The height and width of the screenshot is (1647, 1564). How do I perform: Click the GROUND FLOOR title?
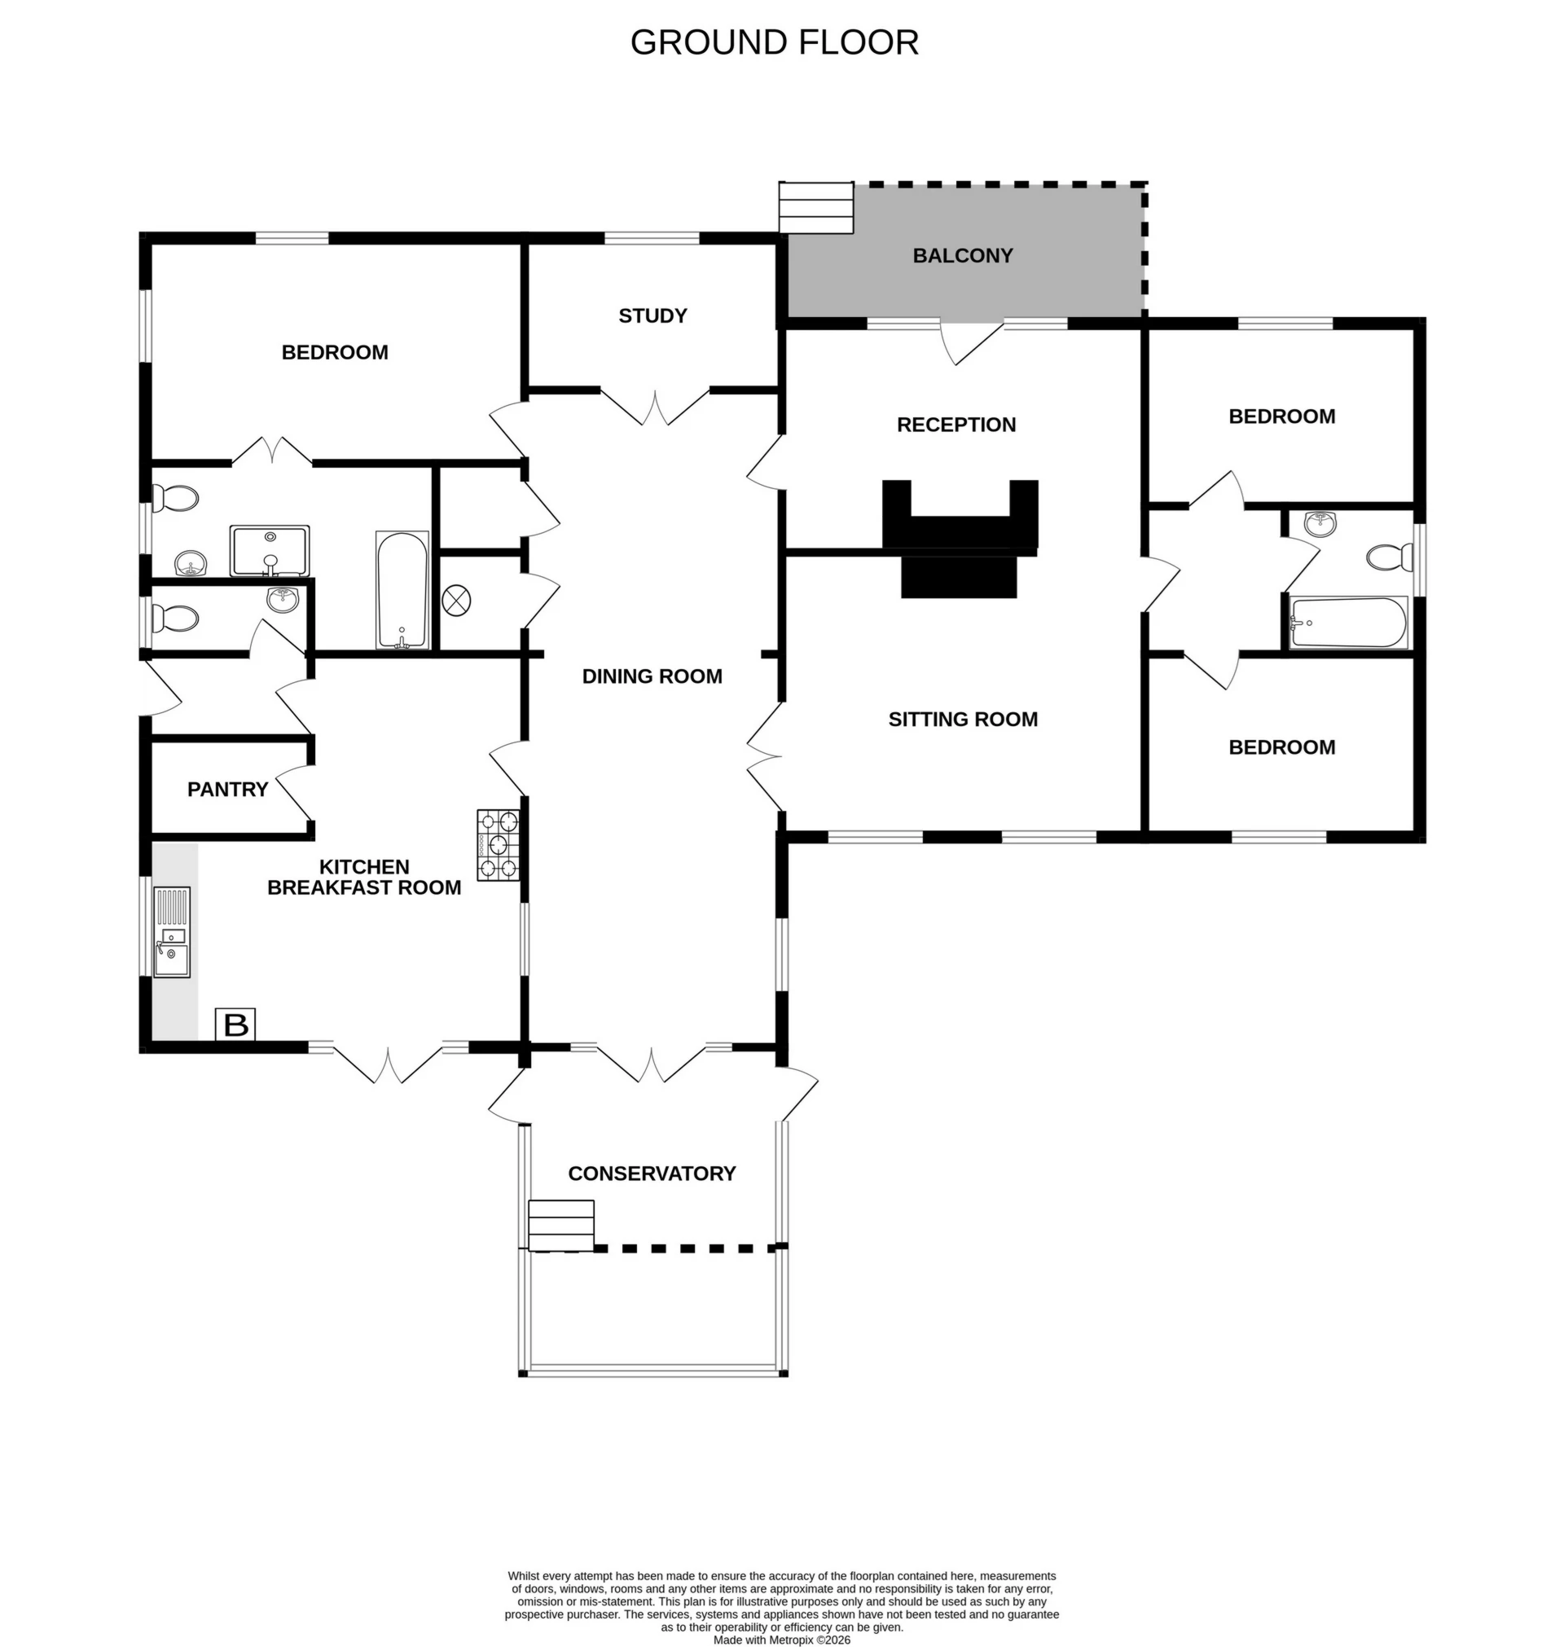pos(774,42)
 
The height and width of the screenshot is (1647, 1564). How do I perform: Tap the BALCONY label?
pos(962,255)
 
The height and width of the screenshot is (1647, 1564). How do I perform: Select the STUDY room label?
pos(652,315)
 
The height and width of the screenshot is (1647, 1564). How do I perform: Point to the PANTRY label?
pos(227,789)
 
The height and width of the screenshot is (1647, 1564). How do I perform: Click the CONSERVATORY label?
pos(652,1174)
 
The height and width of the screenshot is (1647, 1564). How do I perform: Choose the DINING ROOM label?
pos(652,676)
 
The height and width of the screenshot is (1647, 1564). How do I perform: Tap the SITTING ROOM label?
pos(963,719)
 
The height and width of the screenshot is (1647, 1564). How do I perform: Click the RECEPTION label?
pos(956,425)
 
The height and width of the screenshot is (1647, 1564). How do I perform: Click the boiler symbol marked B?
pos(236,1024)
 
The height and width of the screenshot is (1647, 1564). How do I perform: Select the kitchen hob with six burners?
pos(498,845)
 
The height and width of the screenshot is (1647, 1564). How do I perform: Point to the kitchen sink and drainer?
pos(173,931)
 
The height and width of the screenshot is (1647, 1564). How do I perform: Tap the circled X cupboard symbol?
pos(456,600)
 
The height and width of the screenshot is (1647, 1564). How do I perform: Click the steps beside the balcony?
pos(816,208)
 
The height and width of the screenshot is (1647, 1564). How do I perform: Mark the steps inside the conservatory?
pos(561,1225)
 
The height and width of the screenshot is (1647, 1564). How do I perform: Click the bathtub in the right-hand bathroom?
pos(1348,622)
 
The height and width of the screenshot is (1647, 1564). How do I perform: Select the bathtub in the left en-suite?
pos(402,589)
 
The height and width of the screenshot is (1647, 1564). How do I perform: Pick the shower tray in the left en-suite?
pos(270,550)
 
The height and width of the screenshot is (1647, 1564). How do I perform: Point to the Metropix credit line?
pos(781,1640)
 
